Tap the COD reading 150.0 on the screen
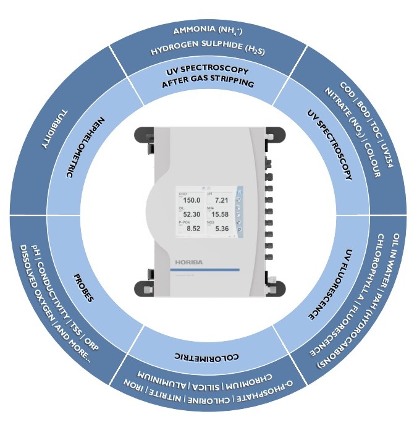(190, 200)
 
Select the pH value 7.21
(221, 200)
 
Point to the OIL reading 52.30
(190, 214)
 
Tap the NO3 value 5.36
(221, 229)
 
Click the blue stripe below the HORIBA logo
(204, 271)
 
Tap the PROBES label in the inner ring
(83, 287)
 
